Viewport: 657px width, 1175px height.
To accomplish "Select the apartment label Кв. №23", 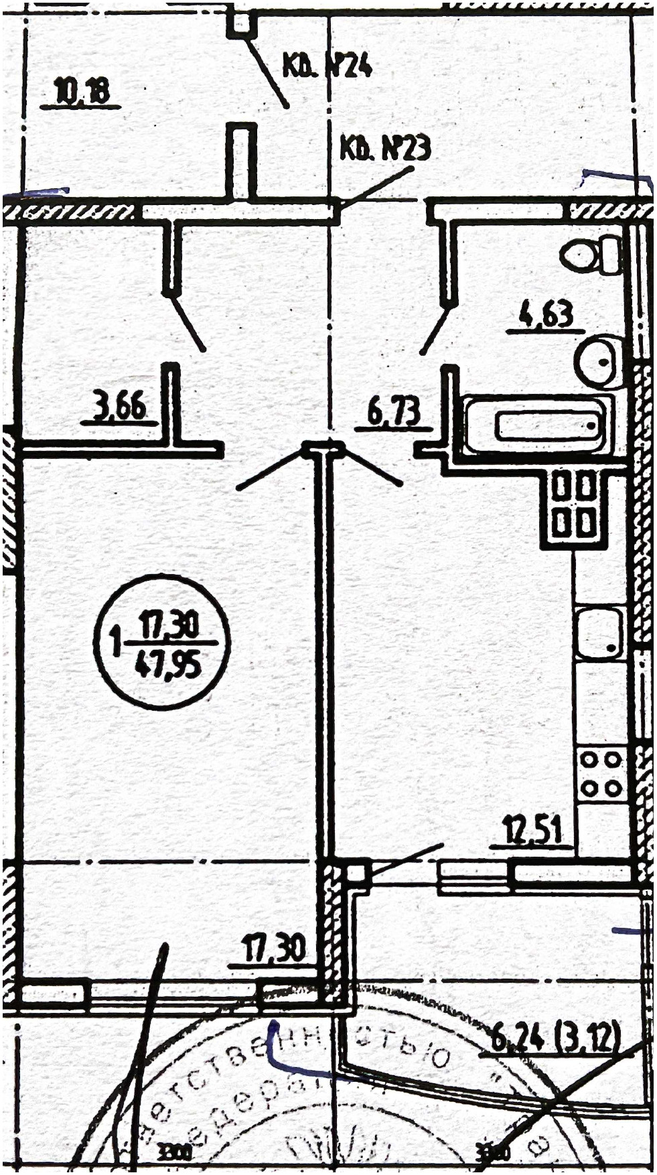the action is [385, 148].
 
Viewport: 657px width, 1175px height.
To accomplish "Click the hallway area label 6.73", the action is [394, 412].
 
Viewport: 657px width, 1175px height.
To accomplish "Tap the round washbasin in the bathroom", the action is [597, 360].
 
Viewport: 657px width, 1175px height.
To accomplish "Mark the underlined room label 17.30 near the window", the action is [273, 950].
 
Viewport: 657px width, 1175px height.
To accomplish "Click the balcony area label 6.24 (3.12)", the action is [556, 1038].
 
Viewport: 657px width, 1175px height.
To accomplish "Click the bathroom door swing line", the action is [434, 330].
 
